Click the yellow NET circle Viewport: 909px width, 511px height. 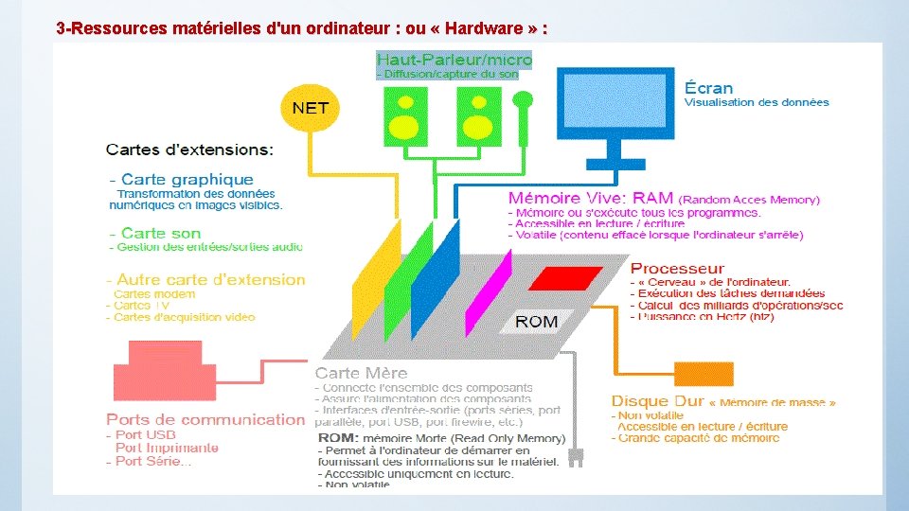pos(310,108)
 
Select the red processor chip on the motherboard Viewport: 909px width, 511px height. pos(564,278)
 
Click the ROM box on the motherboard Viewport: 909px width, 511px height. pos(536,322)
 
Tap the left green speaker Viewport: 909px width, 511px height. pos(404,113)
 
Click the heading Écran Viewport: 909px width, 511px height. pos(708,88)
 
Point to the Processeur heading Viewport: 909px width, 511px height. pos(677,269)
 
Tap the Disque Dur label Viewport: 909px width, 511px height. pos(656,401)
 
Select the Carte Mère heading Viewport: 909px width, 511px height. pos(363,374)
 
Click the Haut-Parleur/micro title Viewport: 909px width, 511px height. pos(454,59)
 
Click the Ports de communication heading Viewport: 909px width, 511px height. pos(205,419)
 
